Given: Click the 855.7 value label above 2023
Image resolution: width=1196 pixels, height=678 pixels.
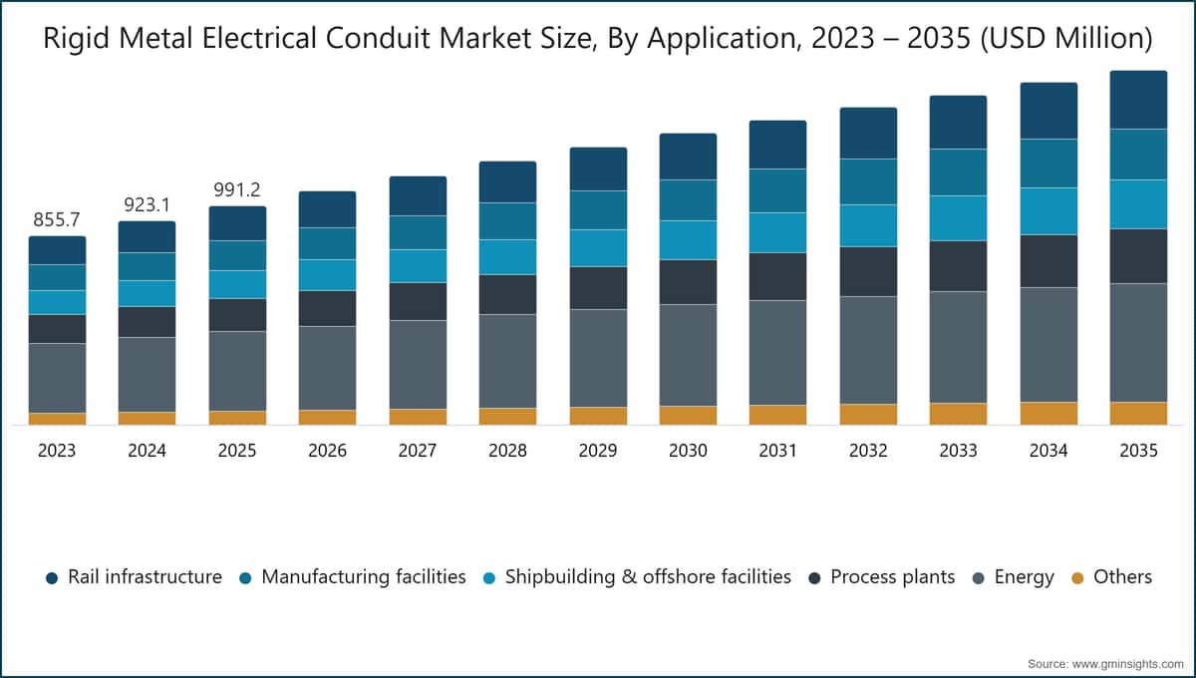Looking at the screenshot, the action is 57,219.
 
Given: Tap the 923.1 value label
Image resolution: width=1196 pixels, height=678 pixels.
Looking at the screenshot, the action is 147,204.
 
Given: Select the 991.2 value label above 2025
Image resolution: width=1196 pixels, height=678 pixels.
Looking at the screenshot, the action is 237,189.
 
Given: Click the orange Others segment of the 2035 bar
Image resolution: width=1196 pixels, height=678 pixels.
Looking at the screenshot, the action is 1138,414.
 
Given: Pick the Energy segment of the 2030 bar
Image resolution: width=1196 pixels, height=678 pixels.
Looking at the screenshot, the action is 688,355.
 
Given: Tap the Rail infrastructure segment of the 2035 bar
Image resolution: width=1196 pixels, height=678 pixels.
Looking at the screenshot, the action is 1138,100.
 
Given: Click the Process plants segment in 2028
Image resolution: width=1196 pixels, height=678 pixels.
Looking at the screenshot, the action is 507,294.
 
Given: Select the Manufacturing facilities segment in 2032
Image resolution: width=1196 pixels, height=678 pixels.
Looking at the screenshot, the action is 868,181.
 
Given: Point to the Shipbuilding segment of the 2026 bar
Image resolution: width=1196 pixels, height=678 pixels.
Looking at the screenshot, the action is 327,275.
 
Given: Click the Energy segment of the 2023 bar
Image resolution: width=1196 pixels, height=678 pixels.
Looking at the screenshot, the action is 57,378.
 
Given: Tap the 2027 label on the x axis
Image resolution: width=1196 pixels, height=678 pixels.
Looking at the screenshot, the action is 418,451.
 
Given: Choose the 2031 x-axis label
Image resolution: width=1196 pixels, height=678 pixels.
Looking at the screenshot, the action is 778,451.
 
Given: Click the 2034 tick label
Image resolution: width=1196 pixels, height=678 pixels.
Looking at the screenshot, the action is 1048,451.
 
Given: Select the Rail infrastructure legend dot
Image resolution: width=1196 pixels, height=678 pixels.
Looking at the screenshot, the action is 52,578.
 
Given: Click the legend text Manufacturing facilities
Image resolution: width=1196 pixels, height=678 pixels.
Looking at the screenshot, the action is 364,577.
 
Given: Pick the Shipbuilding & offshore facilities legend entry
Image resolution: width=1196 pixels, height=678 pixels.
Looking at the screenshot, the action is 637,577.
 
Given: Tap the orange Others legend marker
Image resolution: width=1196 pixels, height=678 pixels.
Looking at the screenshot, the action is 1078,578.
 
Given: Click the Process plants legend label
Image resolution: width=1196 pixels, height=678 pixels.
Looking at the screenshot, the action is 893,577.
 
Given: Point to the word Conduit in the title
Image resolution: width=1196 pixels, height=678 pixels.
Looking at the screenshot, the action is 378,38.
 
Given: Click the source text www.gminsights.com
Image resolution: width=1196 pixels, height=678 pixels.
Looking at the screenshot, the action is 1128,664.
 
